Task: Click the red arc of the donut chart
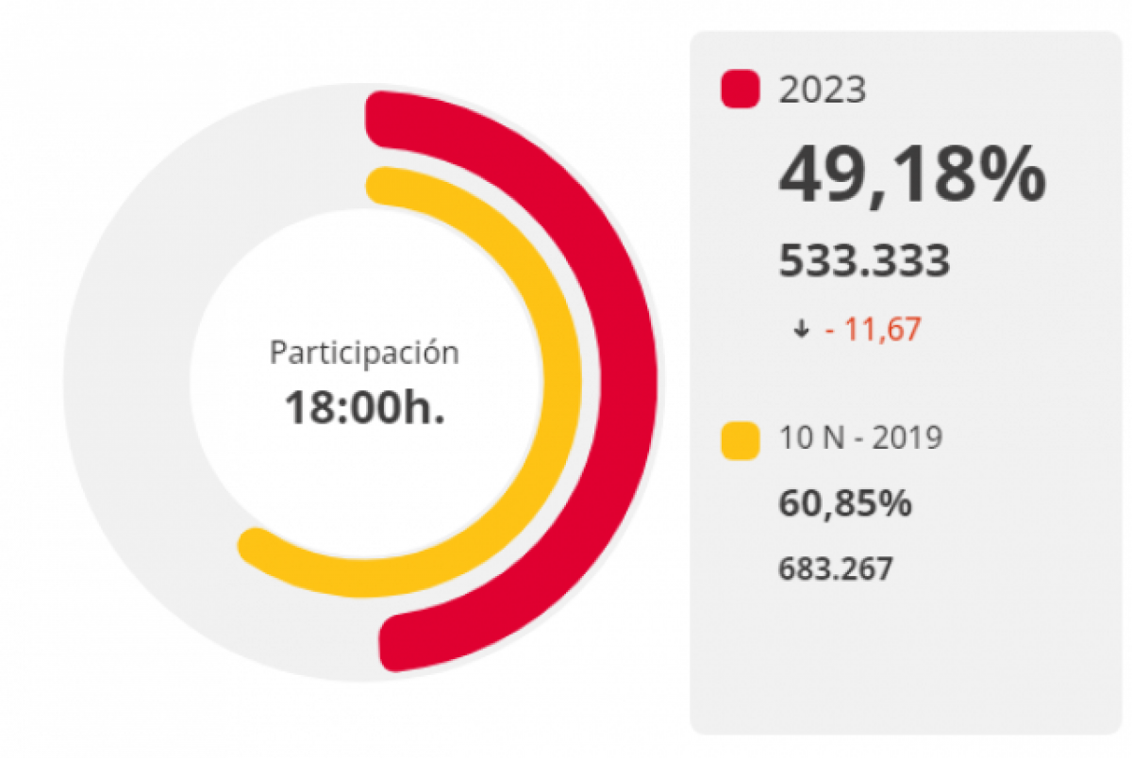click(x=619, y=377)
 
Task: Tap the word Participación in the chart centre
click(x=364, y=354)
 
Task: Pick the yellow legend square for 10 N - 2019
click(x=740, y=440)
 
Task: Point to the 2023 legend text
click(x=822, y=90)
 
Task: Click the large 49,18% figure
click(x=911, y=176)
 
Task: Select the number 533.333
click(x=863, y=261)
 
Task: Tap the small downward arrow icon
click(x=802, y=330)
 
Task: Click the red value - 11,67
click(x=873, y=330)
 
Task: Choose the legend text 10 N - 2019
click(x=859, y=438)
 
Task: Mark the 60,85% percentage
click(x=844, y=503)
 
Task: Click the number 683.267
click(x=835, y=568)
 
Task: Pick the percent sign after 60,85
click(x=895, y=503)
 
